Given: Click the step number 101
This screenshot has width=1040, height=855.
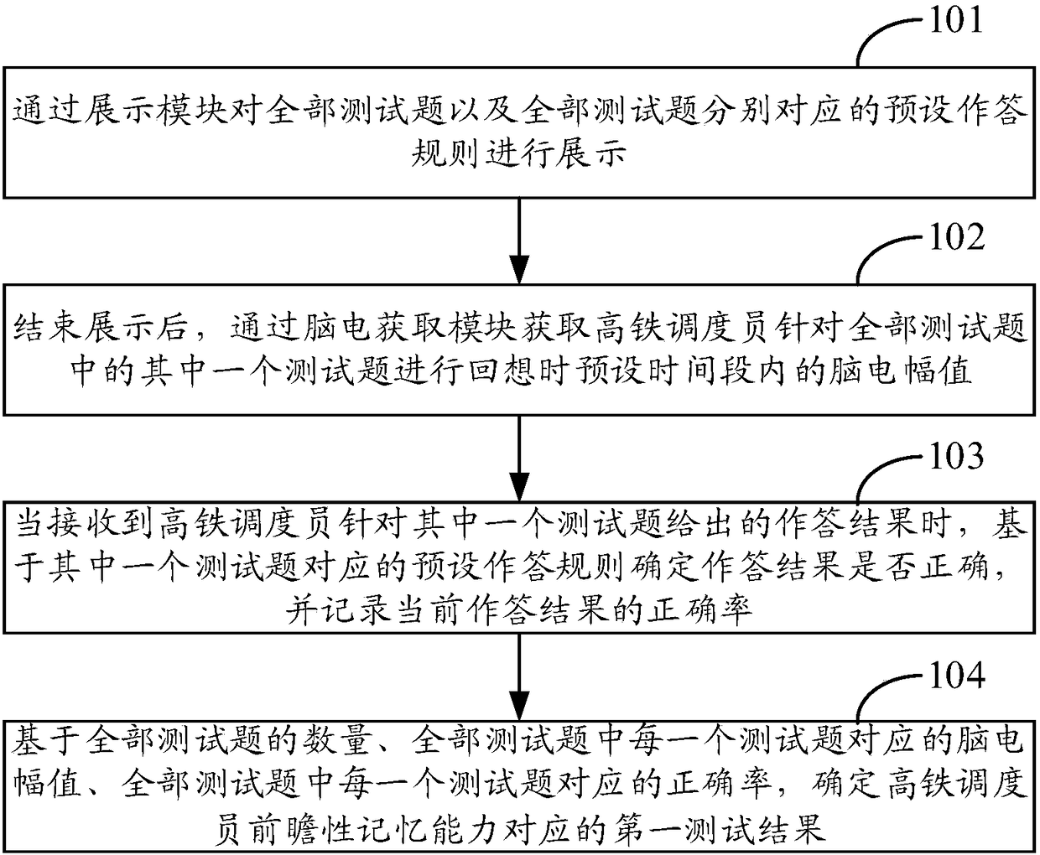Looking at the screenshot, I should (x=955, y=18).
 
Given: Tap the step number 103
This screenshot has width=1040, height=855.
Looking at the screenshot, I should (x=955, y=456).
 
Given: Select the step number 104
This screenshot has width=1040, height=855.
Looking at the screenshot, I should (x=955, y=675).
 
